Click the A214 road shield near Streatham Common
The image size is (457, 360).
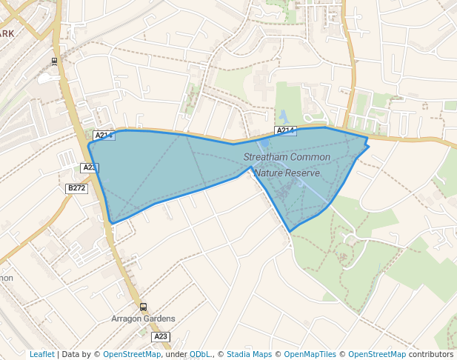pyautogui.click(x=285, y=130)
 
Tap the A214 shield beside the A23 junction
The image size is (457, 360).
pyautogui.click(x=104, y=136)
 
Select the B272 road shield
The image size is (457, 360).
pyautogui.click(x=77, y=188)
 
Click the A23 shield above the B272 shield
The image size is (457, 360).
pyautogui.click(x=90, y=168)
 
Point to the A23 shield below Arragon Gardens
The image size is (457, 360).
pyautogui.click(x=161, y=336)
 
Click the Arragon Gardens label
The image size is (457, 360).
pyautogui.click(x=143, y=319)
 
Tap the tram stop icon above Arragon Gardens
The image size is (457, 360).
pyautogui.click(x=143, y=307)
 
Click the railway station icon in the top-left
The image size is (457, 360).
pyautogui.click(x=55, y=61)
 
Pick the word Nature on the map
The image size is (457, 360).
pyautogui.click(x=269, y=173)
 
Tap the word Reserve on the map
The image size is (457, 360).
pyautogui.click(x=304, y=173)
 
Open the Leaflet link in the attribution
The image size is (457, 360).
pyautogui.click(x=41, y=354)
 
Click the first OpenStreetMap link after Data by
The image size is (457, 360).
pyautogui.click(x=132, y=354)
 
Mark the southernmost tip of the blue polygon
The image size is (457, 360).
pyautogui.click(x=290, y=230)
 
